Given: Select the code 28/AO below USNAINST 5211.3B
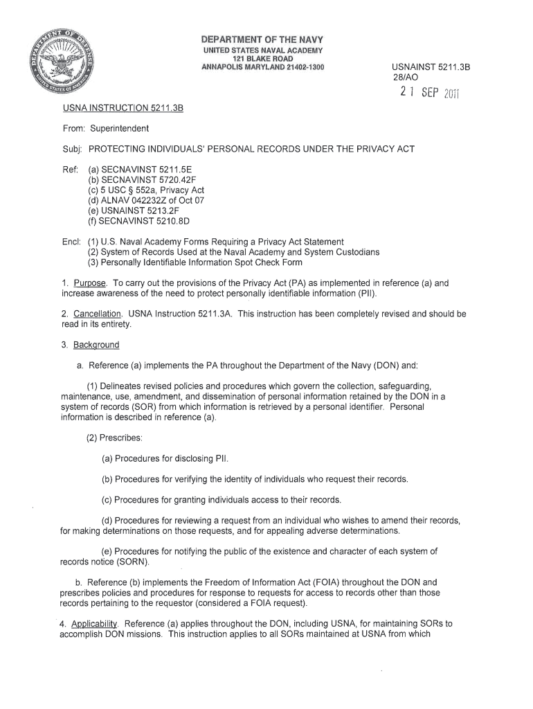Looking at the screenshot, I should click(x=406, y=78).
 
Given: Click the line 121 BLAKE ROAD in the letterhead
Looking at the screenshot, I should click(x=262, y=58).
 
